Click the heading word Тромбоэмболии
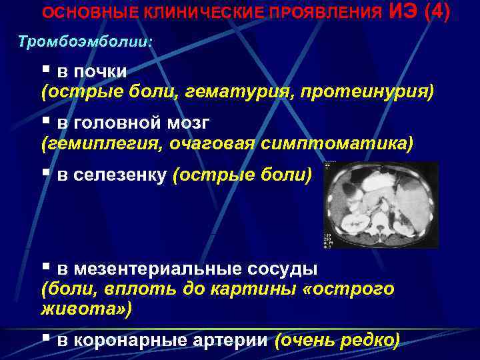click(x=85, y=41)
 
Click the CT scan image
click(x=381, y=205)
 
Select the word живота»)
click(x=87, y=309)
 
